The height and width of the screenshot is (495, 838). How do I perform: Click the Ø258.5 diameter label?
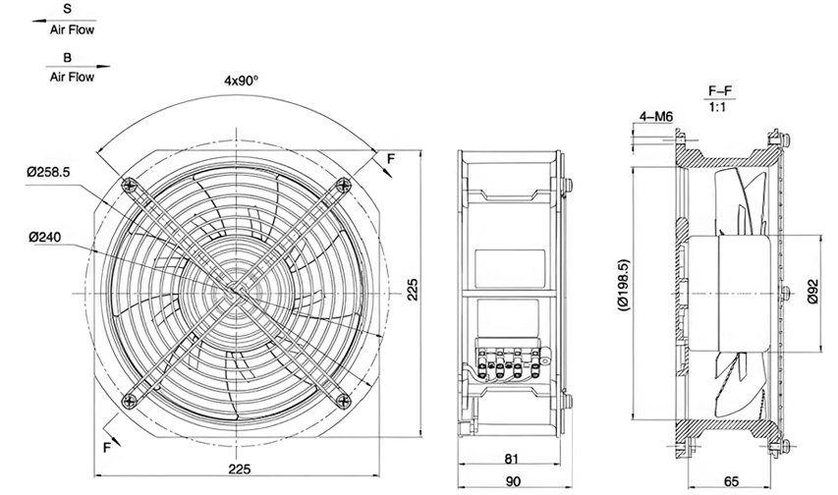coord(49,172)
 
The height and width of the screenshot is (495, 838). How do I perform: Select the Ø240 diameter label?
coord(45,237)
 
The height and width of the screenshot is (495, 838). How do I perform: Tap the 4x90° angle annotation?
coord(241,81)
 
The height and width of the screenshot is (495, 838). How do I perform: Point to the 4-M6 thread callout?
coord(655,117)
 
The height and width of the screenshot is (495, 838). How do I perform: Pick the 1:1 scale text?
coord(717,107)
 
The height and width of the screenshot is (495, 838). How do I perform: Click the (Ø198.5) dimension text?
coord(623,285)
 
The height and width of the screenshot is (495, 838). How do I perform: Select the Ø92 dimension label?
coord(812,293)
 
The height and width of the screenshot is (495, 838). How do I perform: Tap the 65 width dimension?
coord(731,481)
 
